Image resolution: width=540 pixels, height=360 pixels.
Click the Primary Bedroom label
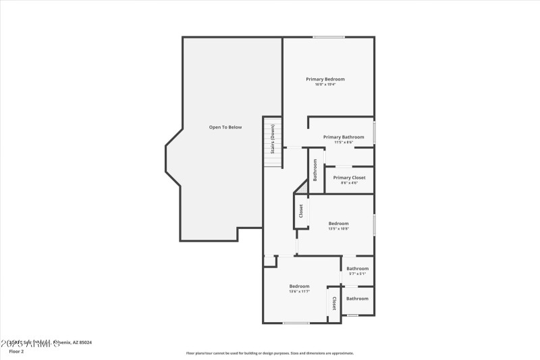(325, 79)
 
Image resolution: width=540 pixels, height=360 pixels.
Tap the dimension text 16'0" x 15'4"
(325, 84)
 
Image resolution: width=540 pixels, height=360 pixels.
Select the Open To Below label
(225, 127)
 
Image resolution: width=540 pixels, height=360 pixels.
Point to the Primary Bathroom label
(344, 137)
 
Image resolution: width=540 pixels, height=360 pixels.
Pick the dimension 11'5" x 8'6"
(344, 143)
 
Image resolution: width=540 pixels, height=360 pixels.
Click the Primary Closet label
(349, 178)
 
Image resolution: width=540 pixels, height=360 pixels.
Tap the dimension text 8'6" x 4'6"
(349, 183)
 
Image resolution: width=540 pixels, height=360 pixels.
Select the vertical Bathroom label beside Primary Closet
(315, 170)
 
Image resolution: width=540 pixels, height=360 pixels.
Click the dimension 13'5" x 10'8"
(338, 229)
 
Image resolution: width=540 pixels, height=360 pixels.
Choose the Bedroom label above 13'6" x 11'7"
(299, 286)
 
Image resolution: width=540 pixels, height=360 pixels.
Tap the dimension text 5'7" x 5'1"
(357, 274)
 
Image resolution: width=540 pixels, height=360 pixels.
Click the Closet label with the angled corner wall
(301, 211)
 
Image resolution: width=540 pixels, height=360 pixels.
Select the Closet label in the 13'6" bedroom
(333, 303)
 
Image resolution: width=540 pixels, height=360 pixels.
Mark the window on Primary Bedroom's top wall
(329, 37)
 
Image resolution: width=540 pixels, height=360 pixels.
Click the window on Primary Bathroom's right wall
(374, 132)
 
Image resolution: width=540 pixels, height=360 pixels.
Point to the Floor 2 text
(16, 351)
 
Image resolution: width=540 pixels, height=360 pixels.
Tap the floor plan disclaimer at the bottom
(269, 353)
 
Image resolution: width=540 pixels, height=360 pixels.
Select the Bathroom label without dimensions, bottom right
(357, 299)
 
